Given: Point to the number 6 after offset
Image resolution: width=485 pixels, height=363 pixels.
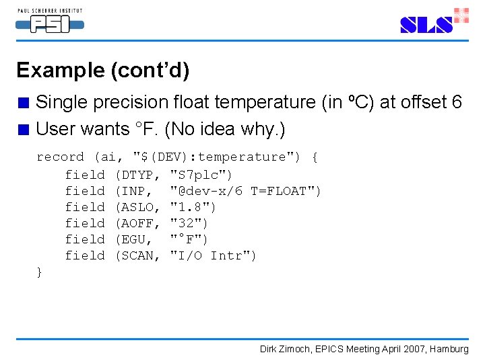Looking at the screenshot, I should coord(456,102).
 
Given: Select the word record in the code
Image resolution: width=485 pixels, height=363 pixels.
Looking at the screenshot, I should coord(60,157).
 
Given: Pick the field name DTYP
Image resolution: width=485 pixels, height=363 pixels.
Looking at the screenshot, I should coord(140,175).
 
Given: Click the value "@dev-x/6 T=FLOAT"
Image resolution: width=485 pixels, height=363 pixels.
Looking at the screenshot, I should coord(245,191).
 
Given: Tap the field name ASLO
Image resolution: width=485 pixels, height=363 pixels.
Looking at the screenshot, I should coord(140,207).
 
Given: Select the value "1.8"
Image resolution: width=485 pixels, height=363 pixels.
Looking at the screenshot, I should coord(193,207).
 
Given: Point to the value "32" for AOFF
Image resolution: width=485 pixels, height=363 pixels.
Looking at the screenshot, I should coord(189,223).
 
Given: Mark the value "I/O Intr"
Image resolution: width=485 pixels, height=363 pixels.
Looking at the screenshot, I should coord(213,255).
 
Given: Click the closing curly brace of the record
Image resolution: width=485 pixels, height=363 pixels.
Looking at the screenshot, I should coord(39,272).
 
